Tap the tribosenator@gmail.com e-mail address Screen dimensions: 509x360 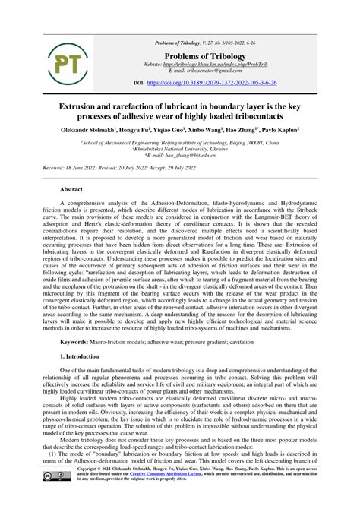pyautogui.click(x=205, y=71)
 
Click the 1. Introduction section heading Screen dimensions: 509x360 pyautogui.click(x=90, y=356)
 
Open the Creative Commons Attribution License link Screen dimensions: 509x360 pyautogui.click(x=185, y=495)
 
